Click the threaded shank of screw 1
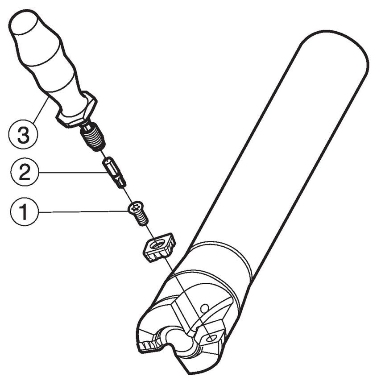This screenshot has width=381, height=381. [142, 218]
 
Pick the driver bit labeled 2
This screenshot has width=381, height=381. [115, 172]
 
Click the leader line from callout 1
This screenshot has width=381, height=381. [83, 212]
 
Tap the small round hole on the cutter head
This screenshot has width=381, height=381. [204, 308]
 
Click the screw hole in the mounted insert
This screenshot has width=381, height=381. [209, 338]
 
